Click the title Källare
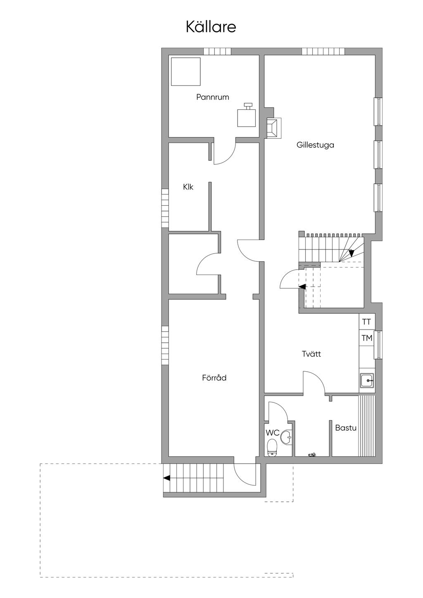tap(211, 27)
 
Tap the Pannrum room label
tap(213, 97)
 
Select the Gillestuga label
tap(315, 145)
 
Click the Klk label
tap(188, 187)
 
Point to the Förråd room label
tap(214, 378)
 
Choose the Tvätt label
tap(311, 354)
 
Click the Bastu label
tap(346, 428)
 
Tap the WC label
tap(272, 433)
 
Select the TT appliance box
tap(366, 322)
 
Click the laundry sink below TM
tap(367, 380)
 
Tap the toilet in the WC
tap(272, 448)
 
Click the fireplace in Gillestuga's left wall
tap(273, 127)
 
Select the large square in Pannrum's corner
tap(186, 71)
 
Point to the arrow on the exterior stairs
tap(167, 478)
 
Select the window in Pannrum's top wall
tap(217, 52)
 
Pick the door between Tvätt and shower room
tap(314, 382)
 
